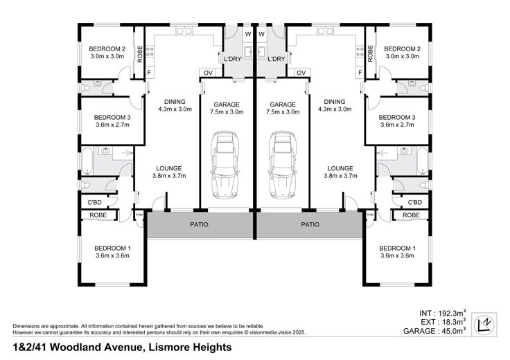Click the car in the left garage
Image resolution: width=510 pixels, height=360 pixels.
(x=225, y=165)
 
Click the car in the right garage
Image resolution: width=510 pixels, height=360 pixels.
(x=282, y=165)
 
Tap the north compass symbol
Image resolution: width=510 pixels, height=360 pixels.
(x=484, y=324)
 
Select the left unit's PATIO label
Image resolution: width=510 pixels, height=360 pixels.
(x=199, y=224)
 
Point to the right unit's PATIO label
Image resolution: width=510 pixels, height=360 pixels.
(x=310, y=224)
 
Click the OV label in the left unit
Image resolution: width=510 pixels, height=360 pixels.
(x=208, y=73)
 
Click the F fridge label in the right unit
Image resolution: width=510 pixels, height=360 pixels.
(x=360, y=73)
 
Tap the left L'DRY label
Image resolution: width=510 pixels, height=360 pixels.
(x=233, y=59)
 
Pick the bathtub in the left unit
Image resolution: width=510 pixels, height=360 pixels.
(x=87, y=161)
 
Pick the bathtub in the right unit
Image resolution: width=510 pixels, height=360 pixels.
(x=423, y=161)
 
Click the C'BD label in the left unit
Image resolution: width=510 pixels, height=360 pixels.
(x=95, y=202)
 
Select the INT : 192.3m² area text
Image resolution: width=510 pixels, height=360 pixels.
(x=443, y=313)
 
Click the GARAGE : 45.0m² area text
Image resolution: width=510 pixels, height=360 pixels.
(x=434, y=331)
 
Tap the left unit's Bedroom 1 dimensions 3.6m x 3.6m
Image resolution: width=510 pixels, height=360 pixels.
(x=112, y=255)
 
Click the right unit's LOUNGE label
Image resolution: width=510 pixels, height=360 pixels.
(x=340, y=168)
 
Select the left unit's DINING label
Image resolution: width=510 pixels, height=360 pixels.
(x=175, y=102)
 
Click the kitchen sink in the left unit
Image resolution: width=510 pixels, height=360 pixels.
(x=184, y=31)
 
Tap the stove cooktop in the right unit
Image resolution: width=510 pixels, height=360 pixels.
(x=360, y=51)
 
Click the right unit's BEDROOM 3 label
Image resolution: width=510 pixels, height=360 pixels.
(x=397, y=117)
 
